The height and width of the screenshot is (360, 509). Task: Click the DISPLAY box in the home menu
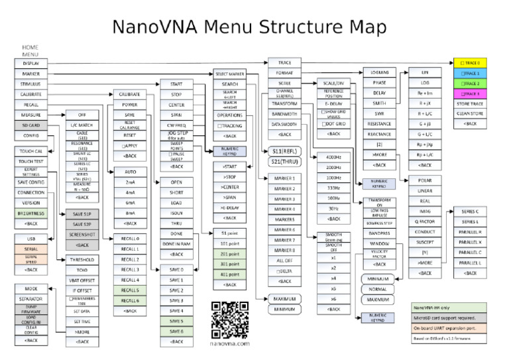[x=30, y=63]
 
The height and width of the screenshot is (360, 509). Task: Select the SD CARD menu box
[x=30, y=125]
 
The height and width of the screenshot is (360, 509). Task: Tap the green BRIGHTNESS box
[x=30, y=213]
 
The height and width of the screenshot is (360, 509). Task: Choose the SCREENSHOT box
[x=82, y=235]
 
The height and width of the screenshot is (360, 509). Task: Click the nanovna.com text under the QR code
[x=230, y=344]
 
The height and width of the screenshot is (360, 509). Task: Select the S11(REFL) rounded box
[x=284, y=150]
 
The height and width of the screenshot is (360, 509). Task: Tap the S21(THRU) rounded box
[x=284, y=161]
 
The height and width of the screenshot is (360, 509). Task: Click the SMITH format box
[x=379, y=103]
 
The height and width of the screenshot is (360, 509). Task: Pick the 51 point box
[x=230, y=233]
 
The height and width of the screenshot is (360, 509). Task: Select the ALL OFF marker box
[x=284, y=261]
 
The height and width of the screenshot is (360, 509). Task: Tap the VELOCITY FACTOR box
[x=379, y=255]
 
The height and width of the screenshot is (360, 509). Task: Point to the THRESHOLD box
[x=82, y=260]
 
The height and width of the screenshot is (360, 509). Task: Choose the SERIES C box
[x=471, y=211]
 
